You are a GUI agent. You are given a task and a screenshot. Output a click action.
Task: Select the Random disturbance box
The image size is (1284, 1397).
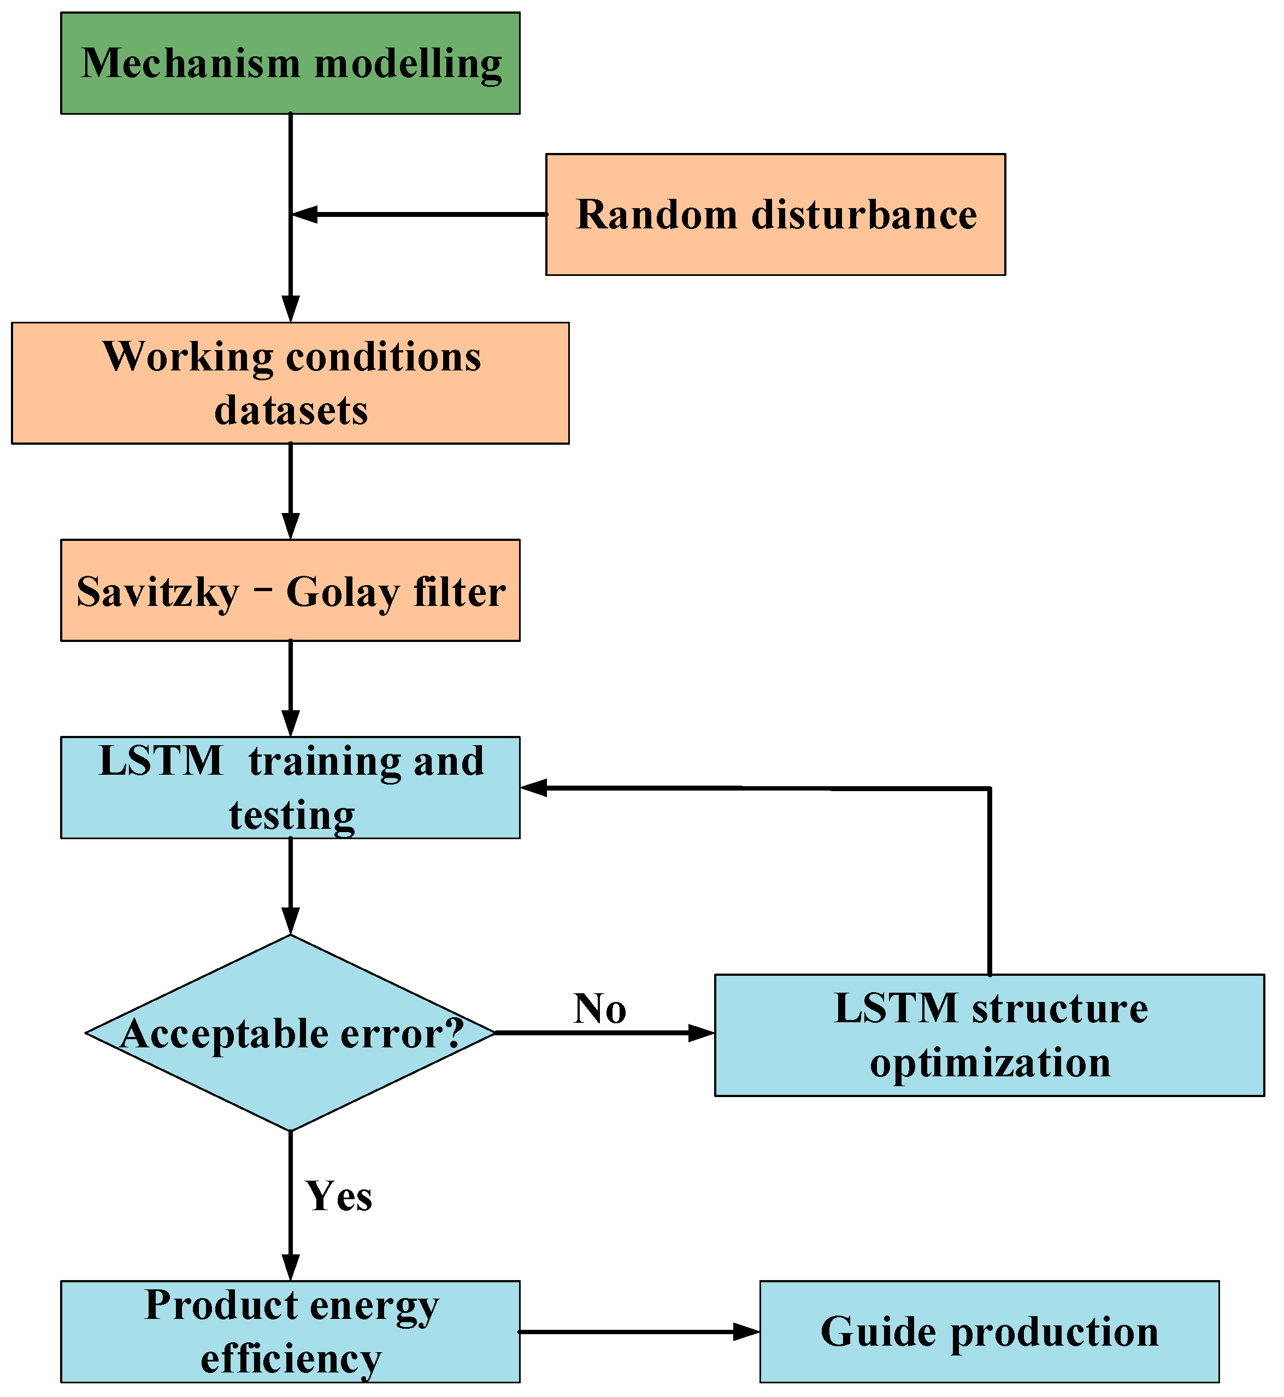pyautogui.click(x=775, y=214)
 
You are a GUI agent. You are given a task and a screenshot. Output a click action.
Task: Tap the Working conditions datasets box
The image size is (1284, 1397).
pyautogui.click(x=291, y=383)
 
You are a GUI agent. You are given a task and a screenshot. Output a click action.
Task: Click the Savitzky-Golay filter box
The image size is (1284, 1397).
pyautogui.click(x=291, y=591)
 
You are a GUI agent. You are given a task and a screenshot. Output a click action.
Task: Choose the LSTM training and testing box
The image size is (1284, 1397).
pyautogui.click(x=291, y=788)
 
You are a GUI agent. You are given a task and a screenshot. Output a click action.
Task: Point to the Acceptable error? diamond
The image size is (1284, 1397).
pyautogui.click(x=291, y=1033)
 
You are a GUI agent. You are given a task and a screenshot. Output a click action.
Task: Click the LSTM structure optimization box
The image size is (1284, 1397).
pyautogui.click(x=989, y=1035)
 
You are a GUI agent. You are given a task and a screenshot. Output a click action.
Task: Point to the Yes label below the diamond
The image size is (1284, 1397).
pyautogui.click(x=339, y=1196)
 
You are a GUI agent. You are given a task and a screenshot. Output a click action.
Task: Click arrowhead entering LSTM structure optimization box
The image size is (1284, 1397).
pyautogui.click(x=702, y=1033)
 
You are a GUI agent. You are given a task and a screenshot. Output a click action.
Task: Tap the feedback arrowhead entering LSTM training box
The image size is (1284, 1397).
pyautogui.click(x=534, y=788)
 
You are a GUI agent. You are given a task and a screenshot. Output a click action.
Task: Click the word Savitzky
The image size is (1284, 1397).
pyautogui.click(x=158, y=593)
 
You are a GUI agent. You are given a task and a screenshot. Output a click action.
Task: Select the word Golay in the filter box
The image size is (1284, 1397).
pyautogui.click(x=343, y=593)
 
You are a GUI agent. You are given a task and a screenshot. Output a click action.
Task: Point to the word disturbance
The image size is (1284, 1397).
pyautogui.click(x=864, y=214)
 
